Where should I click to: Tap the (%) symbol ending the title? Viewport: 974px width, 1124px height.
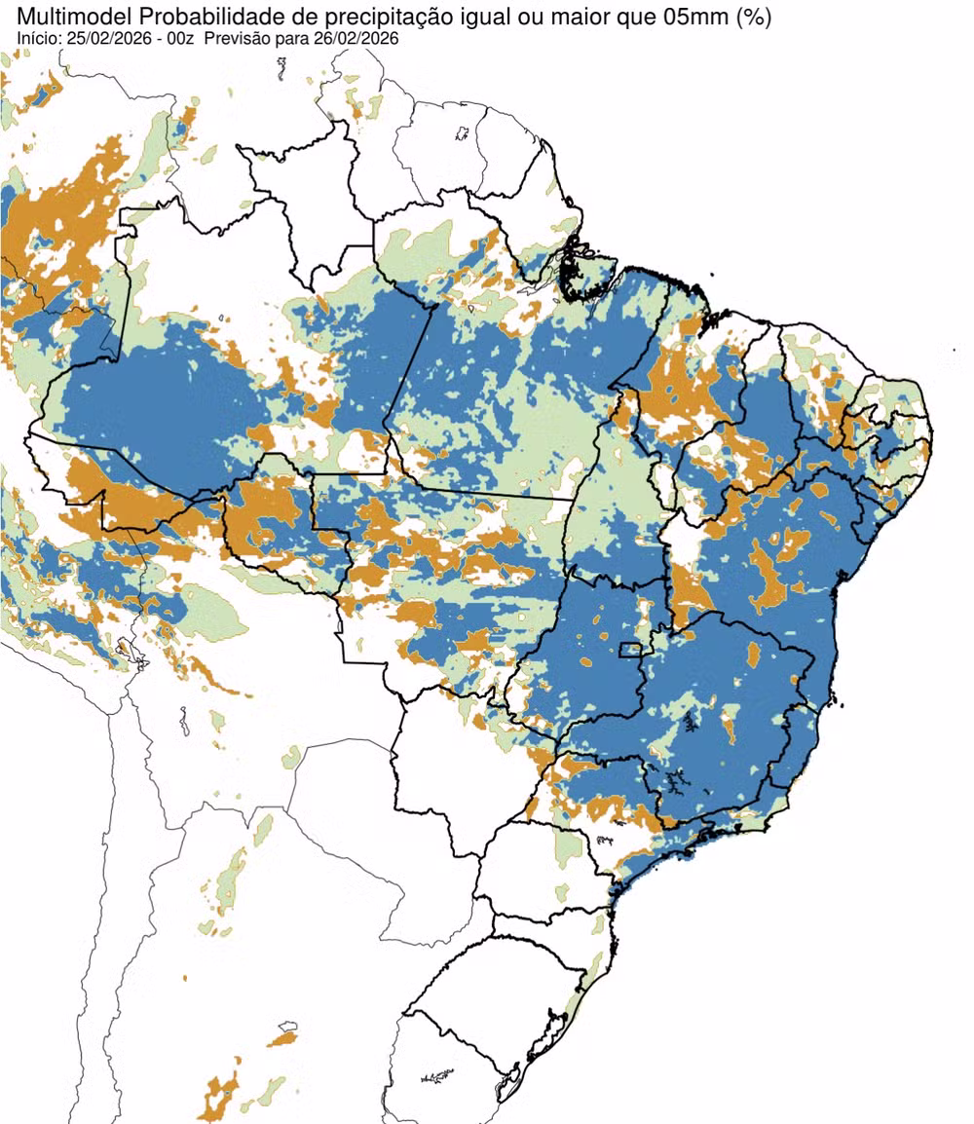(x=754, y=18)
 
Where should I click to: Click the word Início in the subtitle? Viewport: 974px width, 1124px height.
(x=39, y=38)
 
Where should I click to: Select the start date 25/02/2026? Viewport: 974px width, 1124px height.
(x=111, y=38)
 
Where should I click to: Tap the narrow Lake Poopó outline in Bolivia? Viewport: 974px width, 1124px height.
(x=183, y=722)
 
